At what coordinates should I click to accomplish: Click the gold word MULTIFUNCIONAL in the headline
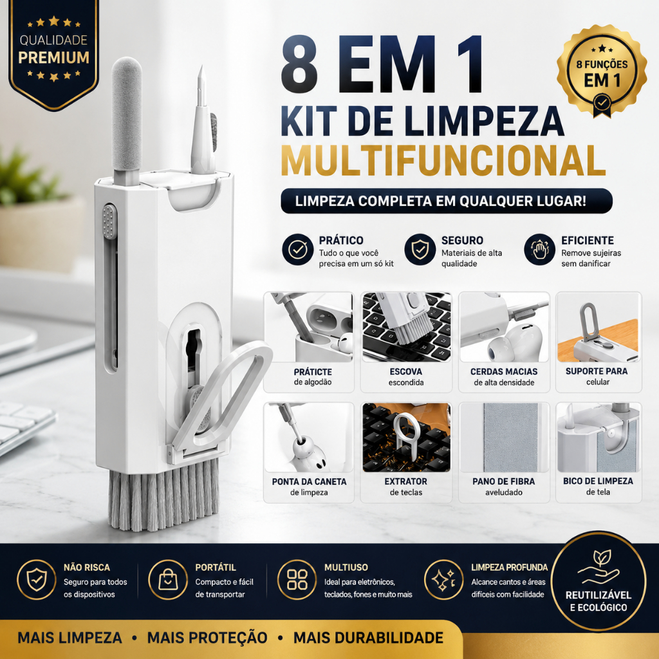[443, 160]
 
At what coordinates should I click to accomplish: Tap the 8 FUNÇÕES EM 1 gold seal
[602, 71]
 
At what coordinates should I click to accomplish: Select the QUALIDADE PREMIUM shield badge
[53, 55]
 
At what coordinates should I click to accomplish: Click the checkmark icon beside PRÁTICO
[297, 250]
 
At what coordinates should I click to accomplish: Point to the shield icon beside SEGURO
[420, 250]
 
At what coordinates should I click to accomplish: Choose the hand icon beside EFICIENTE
[540, 250]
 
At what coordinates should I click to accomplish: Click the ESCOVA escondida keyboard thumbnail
[407, 328]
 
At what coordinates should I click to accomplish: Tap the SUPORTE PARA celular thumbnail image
[598, 328]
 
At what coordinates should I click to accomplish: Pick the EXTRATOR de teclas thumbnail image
[407, 438]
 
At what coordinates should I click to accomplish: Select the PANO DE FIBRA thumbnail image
[504, 438]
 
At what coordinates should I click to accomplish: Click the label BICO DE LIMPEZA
[598, 481]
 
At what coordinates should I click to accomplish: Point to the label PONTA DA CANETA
[310, 481]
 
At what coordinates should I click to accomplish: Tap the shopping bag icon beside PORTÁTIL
[168, 580]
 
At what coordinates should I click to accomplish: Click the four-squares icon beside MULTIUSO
[297, 580]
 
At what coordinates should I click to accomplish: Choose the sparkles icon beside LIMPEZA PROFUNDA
[444, 580]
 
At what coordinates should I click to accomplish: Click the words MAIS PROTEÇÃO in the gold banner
[207, 638]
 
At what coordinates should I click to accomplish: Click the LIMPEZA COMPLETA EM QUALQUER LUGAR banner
[447, 201]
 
